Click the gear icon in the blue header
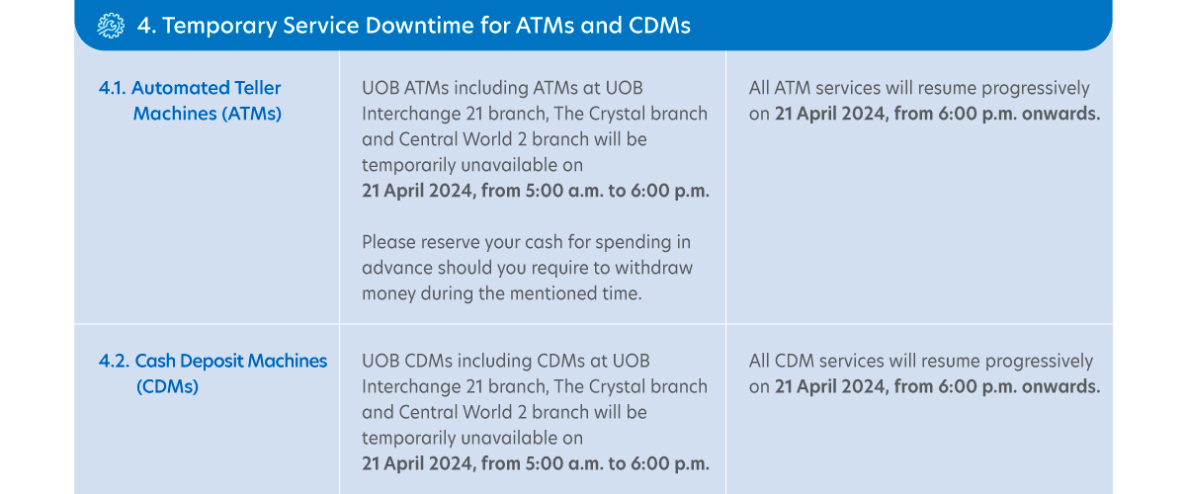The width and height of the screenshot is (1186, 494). point(111,26)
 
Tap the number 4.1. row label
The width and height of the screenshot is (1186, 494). point(113,88)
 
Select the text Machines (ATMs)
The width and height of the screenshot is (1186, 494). point(207,114)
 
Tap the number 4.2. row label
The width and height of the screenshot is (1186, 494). point(114,361)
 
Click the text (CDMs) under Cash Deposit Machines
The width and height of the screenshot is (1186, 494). point(167,386)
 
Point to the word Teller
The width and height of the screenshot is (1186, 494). point(253,88)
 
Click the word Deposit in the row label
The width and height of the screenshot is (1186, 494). point(212,361)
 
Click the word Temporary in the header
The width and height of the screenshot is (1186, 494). point(219,26)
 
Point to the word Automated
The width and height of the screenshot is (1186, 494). point(176,88)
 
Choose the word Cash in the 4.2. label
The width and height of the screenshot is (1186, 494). point(155,361)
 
